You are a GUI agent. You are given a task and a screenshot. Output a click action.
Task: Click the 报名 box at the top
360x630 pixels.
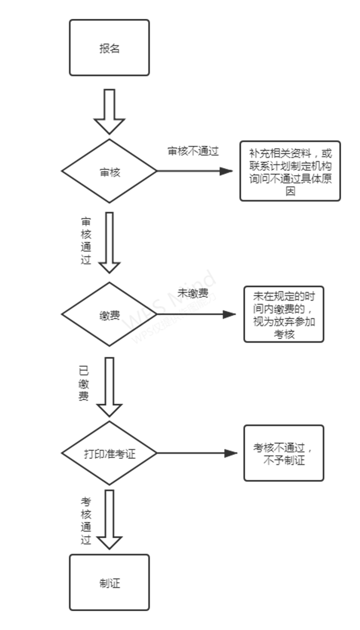(x=109, y=48)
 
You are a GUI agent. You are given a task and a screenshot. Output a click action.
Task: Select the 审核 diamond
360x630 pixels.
(x=109, y=171)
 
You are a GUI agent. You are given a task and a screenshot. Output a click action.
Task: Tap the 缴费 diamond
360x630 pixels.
(x=109, y=315)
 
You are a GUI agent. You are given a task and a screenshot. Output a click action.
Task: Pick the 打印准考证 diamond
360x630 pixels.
(x=109, y=453)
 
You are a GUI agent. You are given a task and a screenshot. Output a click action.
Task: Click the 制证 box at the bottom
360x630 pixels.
(x=109, y=582)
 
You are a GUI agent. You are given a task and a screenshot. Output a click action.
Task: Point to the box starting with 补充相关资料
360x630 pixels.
(x=290, y=171)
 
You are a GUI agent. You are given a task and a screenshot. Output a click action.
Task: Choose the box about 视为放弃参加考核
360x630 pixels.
(x=283, y=315)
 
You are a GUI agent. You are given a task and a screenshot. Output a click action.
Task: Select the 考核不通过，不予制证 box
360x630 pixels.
(x=283, y=453)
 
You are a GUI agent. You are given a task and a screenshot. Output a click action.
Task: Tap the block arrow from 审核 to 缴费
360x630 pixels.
(x=109, y=243)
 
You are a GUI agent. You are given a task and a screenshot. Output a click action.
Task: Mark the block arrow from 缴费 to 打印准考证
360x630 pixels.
(x=109, y=386)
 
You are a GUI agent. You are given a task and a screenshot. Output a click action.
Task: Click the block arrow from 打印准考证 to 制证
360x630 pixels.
(x=109, y=519)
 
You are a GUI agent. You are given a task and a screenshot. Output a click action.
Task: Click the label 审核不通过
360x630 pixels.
(x=193, y=151)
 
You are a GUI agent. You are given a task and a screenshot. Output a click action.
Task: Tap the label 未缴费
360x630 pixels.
(x=192, y=293)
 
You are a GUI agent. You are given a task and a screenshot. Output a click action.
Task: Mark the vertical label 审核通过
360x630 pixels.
(x=86, y=241)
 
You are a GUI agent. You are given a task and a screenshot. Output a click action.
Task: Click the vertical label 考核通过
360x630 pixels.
(x=86, y=521)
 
